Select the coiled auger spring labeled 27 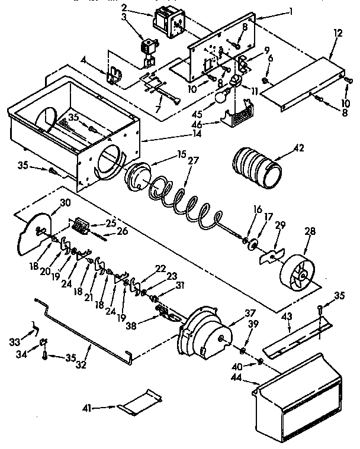tap(187, 198)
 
